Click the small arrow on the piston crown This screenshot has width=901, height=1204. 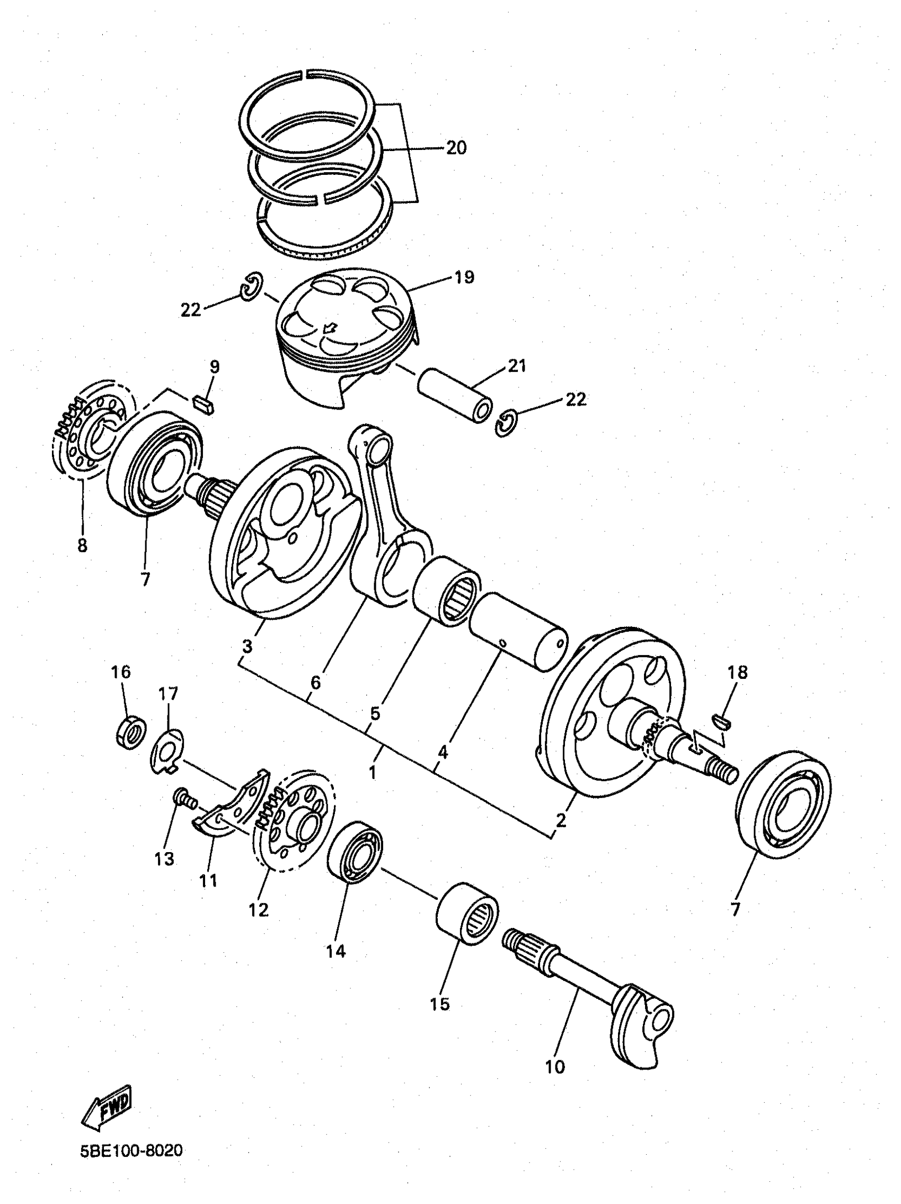point(329,328)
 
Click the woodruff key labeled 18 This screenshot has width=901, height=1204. point(723,722)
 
